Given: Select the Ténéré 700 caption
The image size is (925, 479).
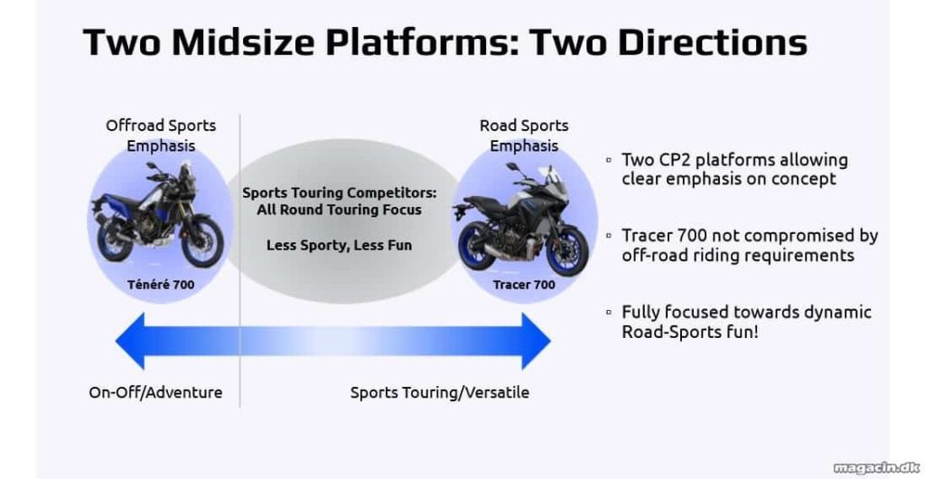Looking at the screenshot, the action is [161, 285].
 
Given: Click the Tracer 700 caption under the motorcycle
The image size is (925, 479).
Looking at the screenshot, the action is [524, 285].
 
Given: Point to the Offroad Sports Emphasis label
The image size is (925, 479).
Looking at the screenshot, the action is [161, 135].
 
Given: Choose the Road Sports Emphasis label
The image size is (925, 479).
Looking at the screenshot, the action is [524, 135].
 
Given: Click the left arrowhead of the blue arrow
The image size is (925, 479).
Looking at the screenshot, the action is [130, 341].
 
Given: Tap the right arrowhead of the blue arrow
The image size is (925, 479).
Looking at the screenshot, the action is [537, 341].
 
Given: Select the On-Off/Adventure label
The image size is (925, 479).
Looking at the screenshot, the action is [155, 393].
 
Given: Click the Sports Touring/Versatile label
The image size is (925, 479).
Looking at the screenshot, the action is [440, 393].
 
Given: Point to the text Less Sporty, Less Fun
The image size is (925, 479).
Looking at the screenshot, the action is [340, 245].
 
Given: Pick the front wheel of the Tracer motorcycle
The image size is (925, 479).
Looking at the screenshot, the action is [567, 249].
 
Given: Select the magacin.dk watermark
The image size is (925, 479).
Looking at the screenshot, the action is [876, 467].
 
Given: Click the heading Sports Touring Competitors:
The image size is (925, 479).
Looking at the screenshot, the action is [340, 193].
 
